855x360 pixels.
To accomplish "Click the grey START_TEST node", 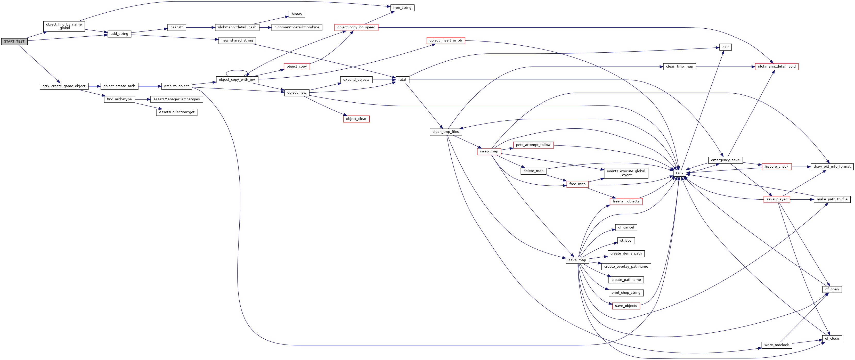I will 14,42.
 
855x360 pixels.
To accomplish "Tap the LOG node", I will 679,173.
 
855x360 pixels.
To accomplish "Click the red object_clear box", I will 356,119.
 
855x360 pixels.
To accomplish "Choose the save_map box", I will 577,260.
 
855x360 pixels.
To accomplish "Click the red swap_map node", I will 489,151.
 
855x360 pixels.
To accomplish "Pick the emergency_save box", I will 725,160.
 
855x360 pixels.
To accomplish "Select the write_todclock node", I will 776,345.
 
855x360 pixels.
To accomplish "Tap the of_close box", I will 832,338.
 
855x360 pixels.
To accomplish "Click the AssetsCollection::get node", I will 177,112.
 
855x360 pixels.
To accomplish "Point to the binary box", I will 297,14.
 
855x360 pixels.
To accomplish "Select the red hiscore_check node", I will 776,167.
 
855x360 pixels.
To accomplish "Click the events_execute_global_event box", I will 626,173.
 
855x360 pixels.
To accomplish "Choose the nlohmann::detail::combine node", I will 297,27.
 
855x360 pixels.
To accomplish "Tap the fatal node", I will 402,80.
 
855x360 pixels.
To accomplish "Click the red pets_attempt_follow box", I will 533,145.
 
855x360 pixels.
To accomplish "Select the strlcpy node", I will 626,241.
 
